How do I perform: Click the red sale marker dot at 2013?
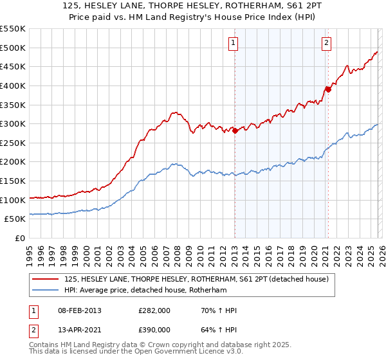235,130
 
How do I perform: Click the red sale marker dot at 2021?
327,89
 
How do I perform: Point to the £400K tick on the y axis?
14,85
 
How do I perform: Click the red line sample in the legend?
46,280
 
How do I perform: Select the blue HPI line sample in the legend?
46,290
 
